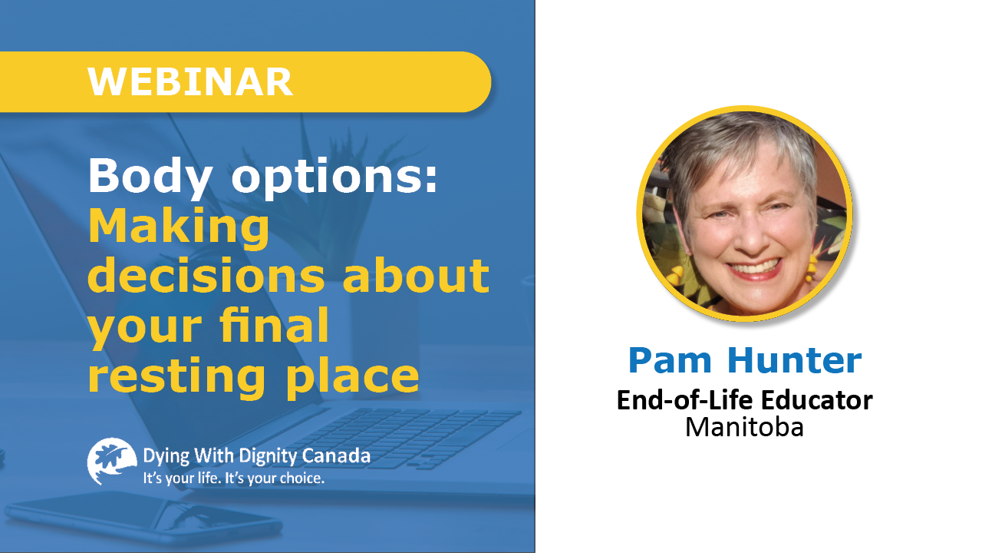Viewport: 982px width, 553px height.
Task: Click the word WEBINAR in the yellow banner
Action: pos(190,82)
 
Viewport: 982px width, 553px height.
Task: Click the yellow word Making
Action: pos(179,227)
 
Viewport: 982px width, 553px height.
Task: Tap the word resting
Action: pos(176,377)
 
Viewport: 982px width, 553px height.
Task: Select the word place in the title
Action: pos(352,376)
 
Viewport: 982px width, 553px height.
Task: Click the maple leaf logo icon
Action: pos(112,461)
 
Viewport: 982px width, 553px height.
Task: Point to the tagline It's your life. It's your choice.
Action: pos(234,478)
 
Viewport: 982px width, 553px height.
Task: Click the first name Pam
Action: pos(670,360)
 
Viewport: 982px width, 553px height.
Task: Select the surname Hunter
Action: pos(794,360)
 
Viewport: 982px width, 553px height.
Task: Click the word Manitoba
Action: pos(744,426)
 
